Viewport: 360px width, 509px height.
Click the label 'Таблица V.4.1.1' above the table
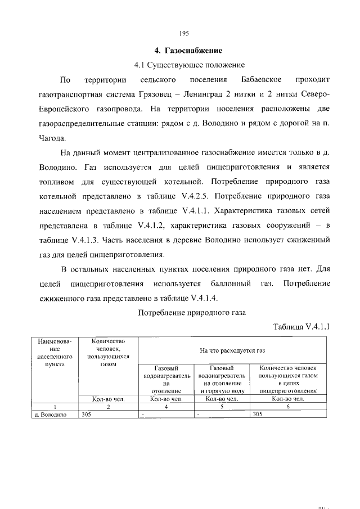point(301,326)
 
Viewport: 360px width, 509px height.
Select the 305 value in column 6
point(258,415)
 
